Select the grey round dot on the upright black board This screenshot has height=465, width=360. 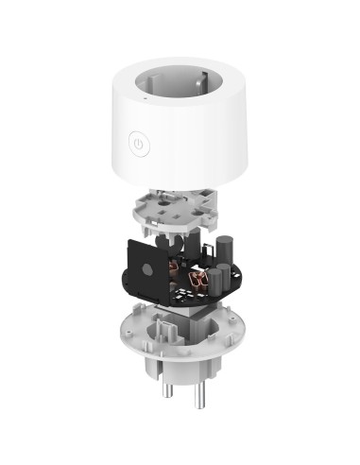coord(147,268)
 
